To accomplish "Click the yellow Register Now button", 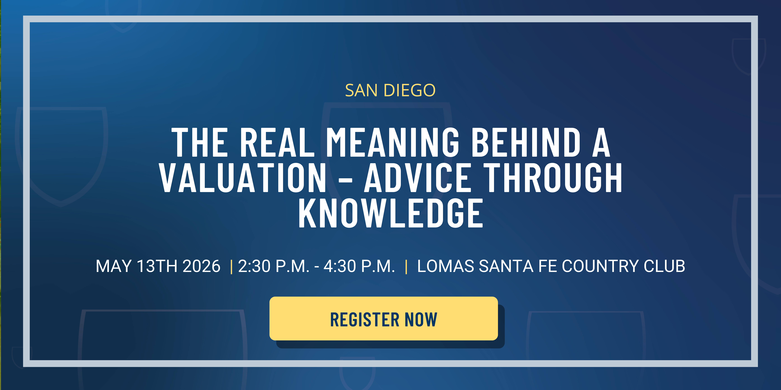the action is [383, 319].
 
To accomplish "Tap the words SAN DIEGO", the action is [390, 90].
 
